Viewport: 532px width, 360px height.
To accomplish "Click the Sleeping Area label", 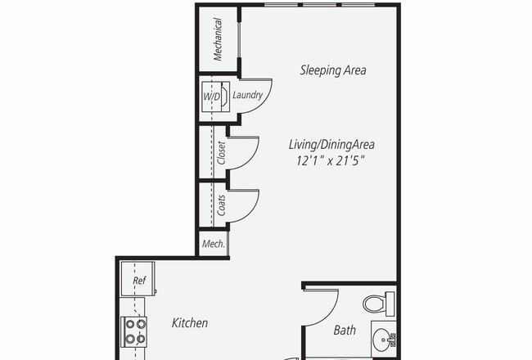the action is [x=333, y=70].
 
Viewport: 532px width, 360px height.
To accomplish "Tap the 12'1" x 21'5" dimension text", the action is [x=331, y=160].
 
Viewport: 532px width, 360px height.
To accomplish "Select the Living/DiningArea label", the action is [x=331, y=145].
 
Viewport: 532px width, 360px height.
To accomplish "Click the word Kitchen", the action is [x=190, y=322].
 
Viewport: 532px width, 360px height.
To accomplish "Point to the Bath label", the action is [x=345, y=330].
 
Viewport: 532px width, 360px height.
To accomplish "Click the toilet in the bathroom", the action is [x=379, y=303].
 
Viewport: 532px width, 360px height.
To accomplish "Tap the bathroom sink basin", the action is [x=384, y=340].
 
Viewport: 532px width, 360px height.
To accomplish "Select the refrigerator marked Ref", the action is [x=138, y=279].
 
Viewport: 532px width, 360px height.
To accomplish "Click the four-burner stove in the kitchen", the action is [x=134, y=332].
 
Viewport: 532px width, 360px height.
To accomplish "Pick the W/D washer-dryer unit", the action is [x=216, y=97].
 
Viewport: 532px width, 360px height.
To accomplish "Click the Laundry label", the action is [x=248, y=95].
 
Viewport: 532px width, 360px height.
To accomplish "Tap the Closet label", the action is [x=221, y=153].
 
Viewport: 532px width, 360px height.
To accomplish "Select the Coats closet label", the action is [x=221, y=205].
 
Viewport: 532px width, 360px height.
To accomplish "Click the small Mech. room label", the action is [x=214, y=244].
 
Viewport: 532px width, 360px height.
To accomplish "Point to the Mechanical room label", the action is [x=218, y=39].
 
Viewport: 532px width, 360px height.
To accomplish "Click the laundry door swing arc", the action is [x=265, y=101].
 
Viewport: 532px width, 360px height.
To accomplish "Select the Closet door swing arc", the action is [x=253, y=158].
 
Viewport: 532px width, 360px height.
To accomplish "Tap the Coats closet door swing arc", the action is [x=253, y=211].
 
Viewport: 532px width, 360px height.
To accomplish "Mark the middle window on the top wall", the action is [x=319, y=5].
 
